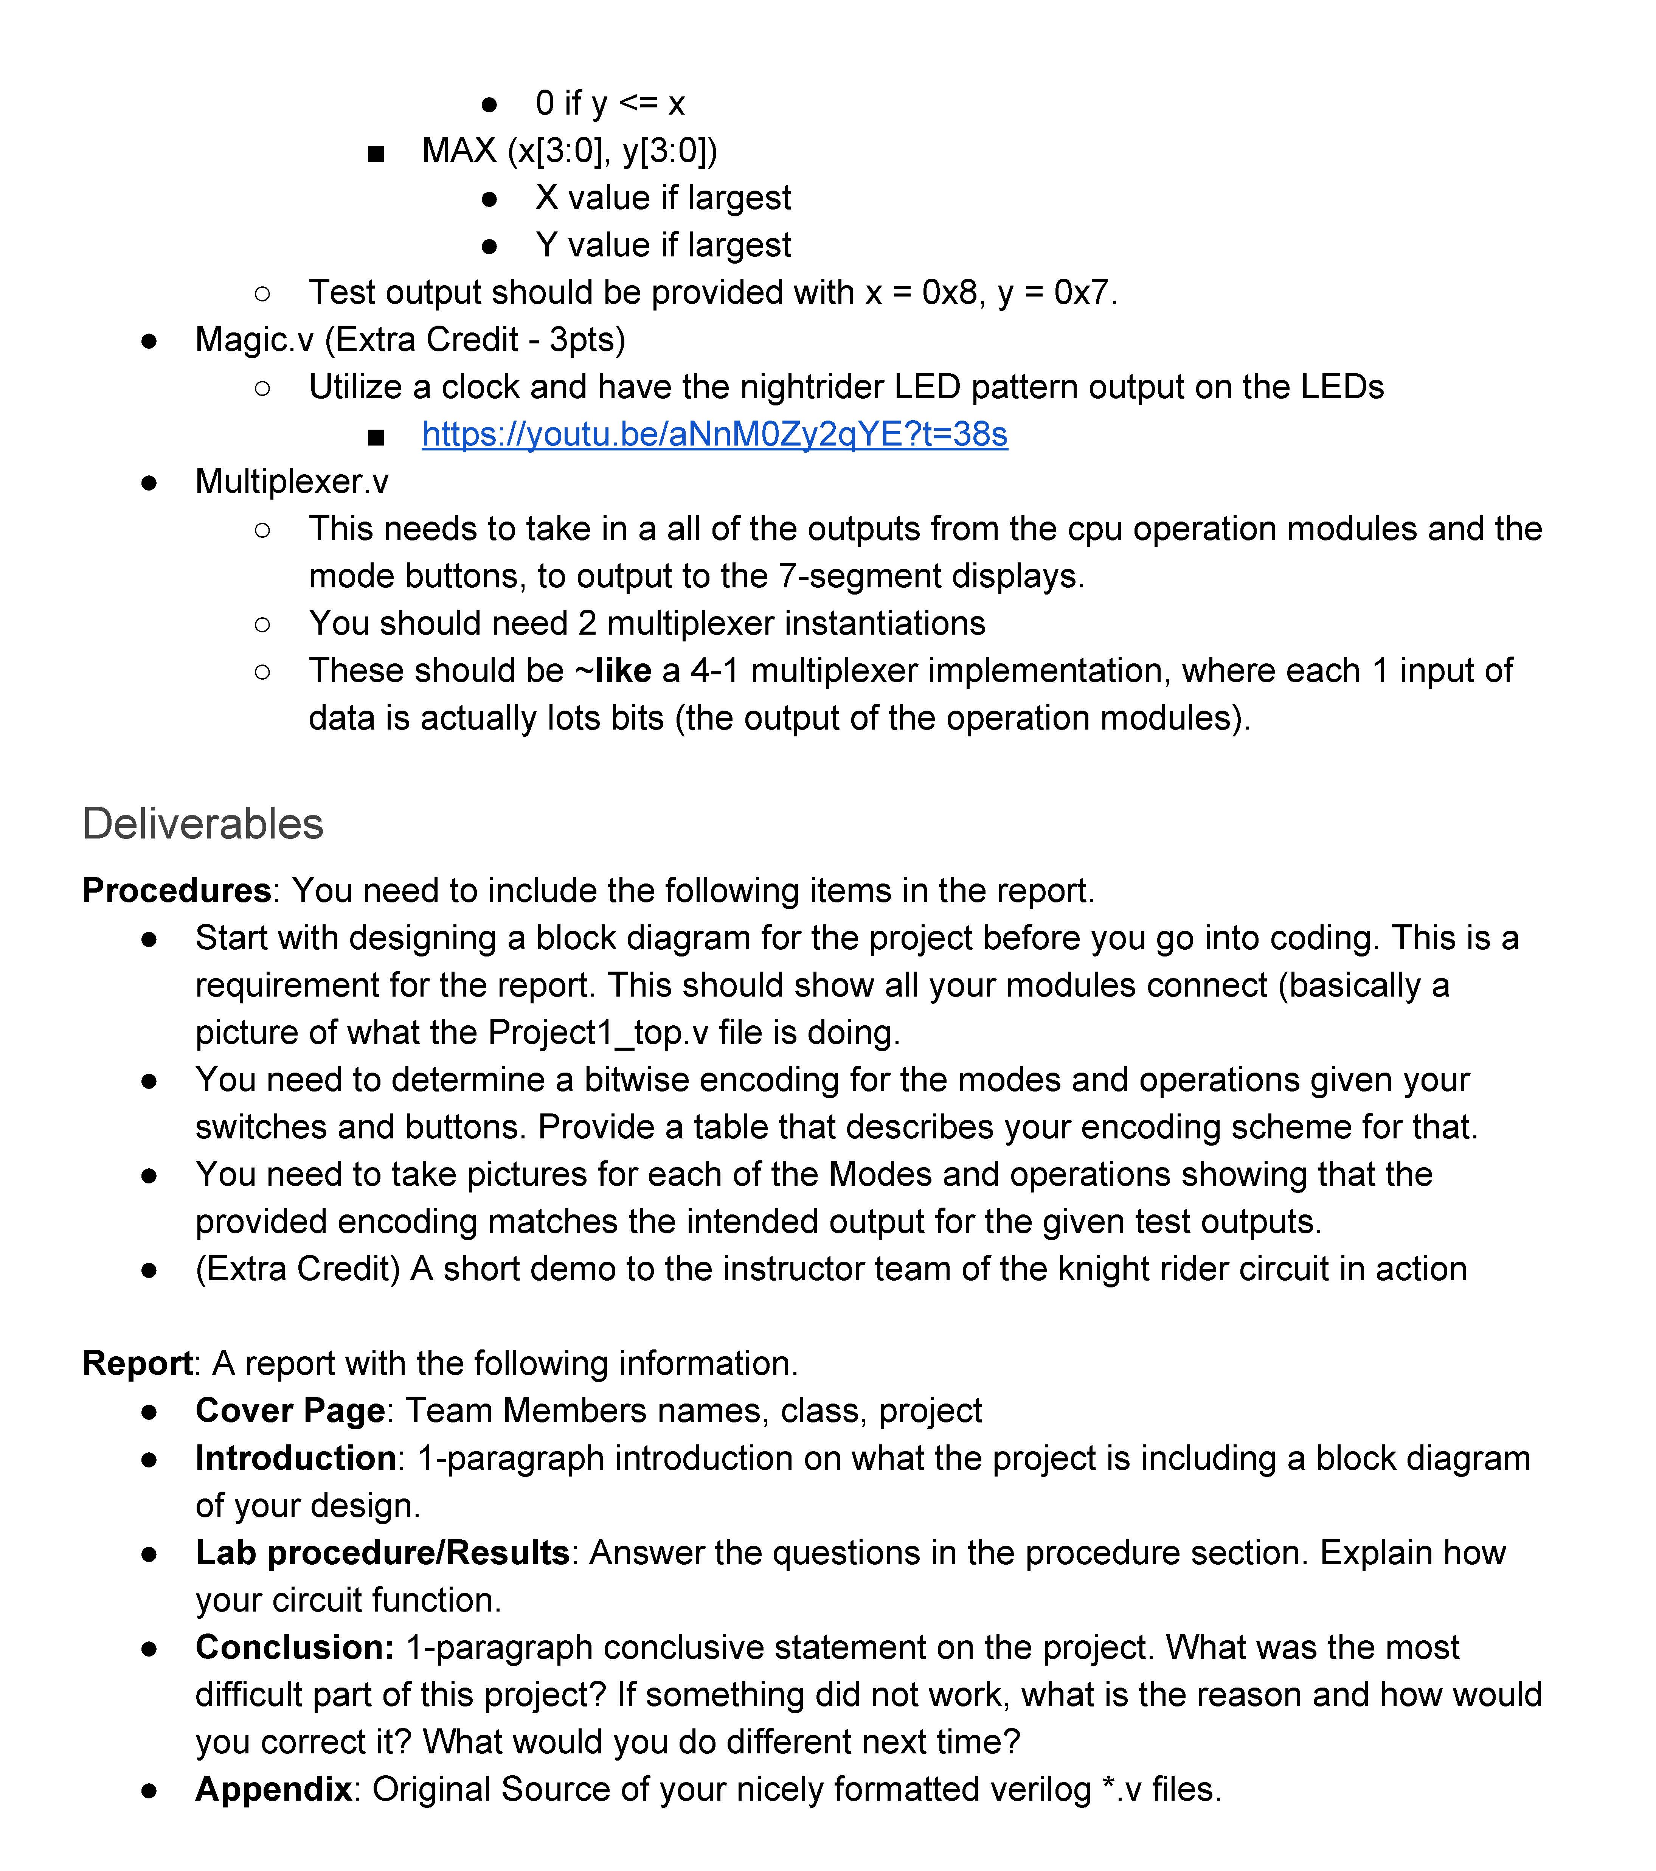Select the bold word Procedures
click(x=176, y=891)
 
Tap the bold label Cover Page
click(x=289, y=1411)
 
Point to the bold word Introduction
click(x=296, y=1458)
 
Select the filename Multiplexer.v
click(x=291, y=481)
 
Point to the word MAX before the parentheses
click(x=459, y=150)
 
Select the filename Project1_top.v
click(x=598, y=1033)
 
